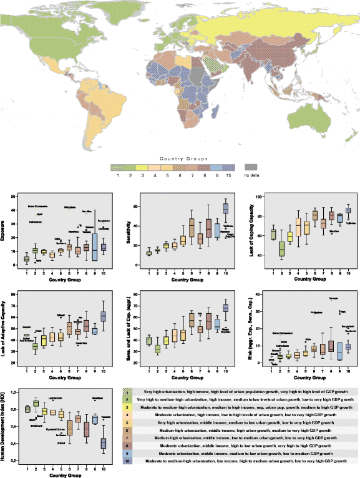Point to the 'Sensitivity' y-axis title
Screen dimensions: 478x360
(130, 230)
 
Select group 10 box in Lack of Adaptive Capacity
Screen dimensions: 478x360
(104, 316)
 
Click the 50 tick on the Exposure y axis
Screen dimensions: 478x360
(17, 196)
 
